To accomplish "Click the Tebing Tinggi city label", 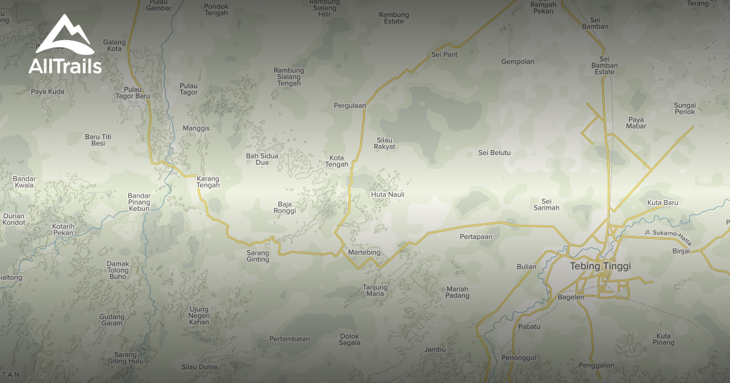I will [600, 266].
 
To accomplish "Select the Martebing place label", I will [364, 252].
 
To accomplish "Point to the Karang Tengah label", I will [208, 182].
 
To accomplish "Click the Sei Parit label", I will [444, 55].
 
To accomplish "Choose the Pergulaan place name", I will [350, 105].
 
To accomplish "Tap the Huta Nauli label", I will [388, 195].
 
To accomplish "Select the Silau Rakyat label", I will [384, 143].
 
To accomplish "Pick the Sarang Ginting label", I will [258, 256].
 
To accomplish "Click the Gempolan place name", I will [518, 61].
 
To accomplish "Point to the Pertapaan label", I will [476, 236].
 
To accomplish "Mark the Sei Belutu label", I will [495, 153].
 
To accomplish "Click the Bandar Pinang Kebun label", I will [139, 202].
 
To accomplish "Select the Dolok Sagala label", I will [350, 339].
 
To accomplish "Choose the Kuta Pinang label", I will [664, 339].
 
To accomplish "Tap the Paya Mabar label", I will [636, 123].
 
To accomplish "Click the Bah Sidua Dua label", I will [262, 159].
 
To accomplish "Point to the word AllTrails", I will [65, 66].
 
